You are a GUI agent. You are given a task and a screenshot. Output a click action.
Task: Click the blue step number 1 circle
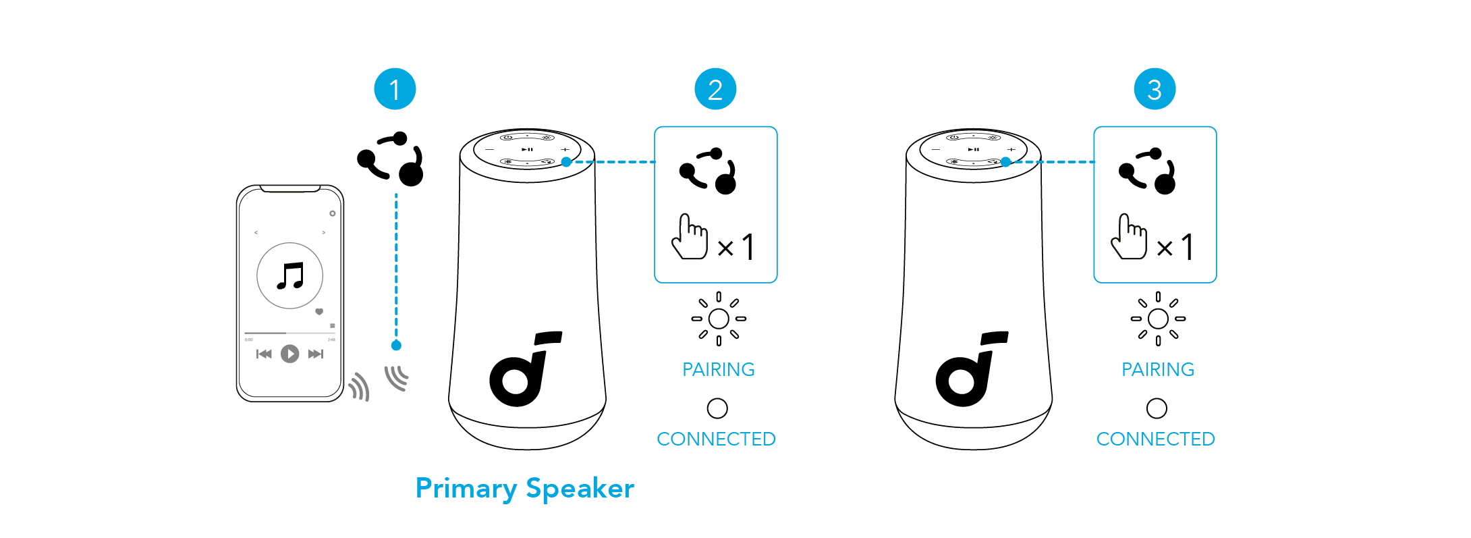[395, 89]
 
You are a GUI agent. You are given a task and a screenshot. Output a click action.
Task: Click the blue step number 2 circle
[715, 89]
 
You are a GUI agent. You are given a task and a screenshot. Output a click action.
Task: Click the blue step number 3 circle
[1155, 89]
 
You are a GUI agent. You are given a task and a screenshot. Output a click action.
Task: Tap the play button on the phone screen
[290, 354]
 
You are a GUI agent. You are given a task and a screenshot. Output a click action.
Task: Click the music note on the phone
[291, 275]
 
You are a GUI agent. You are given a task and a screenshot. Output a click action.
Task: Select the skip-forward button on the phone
[315, 354]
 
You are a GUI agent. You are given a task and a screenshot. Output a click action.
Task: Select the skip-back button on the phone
[264, 354]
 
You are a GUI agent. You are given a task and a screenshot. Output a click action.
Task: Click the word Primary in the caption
[466, 489]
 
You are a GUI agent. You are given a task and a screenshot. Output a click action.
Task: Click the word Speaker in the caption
[580, 489]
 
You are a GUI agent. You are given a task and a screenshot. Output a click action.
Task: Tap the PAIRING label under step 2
[718, 369]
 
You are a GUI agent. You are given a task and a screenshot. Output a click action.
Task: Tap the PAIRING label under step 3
[1157, 369]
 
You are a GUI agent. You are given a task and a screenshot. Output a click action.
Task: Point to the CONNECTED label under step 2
[716, 439]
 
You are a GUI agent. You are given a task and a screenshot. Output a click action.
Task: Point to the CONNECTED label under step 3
[1155, 439]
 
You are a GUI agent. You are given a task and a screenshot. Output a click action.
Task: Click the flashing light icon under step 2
[719, 319]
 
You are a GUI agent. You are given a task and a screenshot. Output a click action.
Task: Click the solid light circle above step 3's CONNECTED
[1157, 408]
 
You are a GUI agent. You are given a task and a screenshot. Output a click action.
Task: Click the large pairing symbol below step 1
[391, 159]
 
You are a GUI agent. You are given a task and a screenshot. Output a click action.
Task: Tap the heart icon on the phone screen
[319, 312]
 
